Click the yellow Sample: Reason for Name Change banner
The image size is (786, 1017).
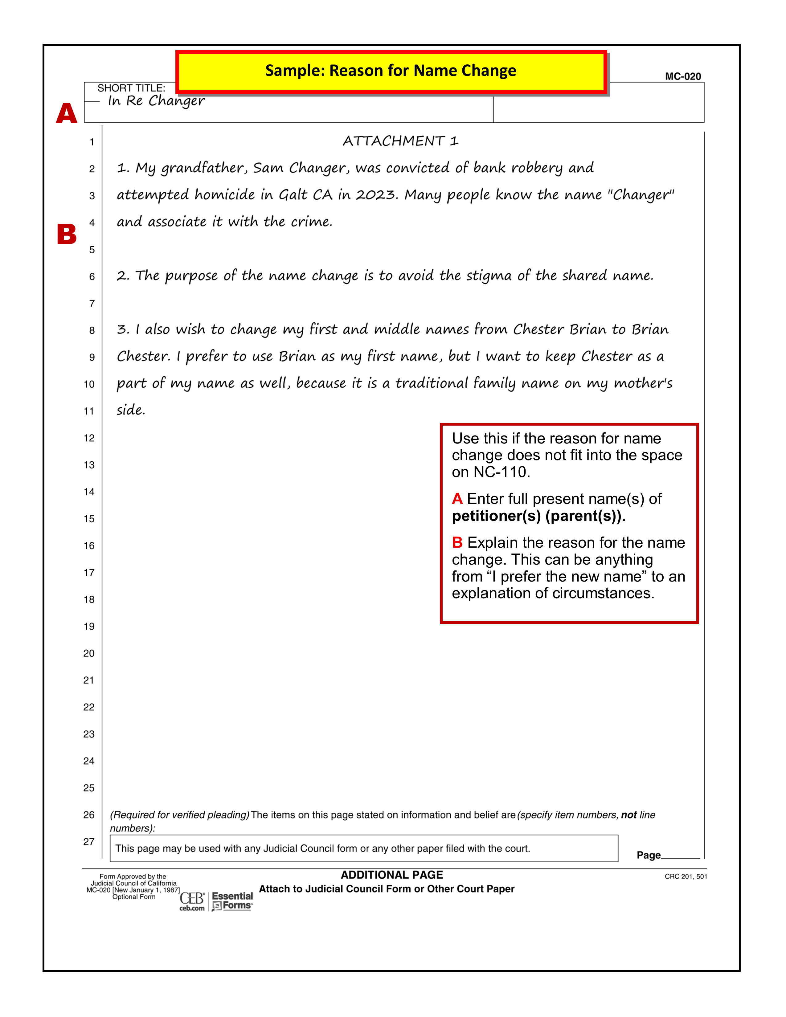[391, 71]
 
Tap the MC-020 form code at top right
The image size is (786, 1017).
[683, 76]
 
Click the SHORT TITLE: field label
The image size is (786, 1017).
[131, 88]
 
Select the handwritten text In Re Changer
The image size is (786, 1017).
[156, 101]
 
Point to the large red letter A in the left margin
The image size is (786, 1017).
[67, 114]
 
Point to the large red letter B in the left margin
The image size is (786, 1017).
[67, 234]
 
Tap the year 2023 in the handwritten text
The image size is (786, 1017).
[376, 195]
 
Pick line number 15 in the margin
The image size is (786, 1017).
[89, 519]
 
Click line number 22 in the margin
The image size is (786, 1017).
[89, 707]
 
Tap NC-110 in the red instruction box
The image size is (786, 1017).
[501, 472]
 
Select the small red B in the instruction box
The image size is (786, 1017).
[457, 542]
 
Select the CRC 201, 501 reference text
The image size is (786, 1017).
[686, 876]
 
